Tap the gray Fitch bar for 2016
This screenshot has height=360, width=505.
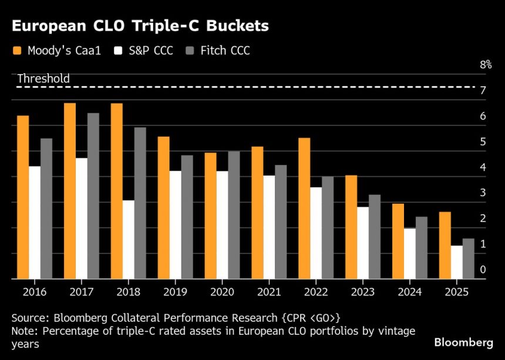pos(46,208)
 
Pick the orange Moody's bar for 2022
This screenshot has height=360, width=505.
pos(304,208)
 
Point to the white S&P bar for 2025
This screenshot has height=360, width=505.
pos(456,262)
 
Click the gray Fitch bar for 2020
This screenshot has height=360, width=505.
pos(233,215)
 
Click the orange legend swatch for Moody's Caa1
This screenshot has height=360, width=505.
pos(17,51)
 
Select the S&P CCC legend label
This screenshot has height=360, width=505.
pos(151,51)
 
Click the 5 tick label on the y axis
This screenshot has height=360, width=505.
pos(483,142)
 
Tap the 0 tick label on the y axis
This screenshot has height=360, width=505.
pos(483,270)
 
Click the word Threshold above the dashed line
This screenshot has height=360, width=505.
pos(43,79)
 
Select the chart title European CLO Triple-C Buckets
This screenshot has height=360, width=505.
pos(140,26)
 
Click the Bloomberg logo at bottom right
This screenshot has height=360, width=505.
pos(463,342)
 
